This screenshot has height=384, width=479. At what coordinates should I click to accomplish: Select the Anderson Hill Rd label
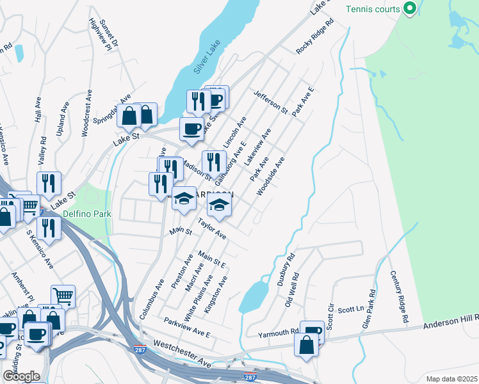click(x=451, y=322)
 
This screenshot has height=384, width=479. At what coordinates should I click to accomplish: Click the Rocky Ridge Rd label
click(x=315, y=35)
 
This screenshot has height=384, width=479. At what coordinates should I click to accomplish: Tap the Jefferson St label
click(x=271, y=102)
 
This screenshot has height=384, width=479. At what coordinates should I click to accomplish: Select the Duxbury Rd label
click(x=286, y=270)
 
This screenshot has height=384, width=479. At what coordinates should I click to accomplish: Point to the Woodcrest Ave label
click(x=85, y=111)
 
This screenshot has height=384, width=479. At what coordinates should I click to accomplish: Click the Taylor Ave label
click(x=212, y=229)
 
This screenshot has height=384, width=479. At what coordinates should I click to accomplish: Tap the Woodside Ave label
click(x=270, y=177)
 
